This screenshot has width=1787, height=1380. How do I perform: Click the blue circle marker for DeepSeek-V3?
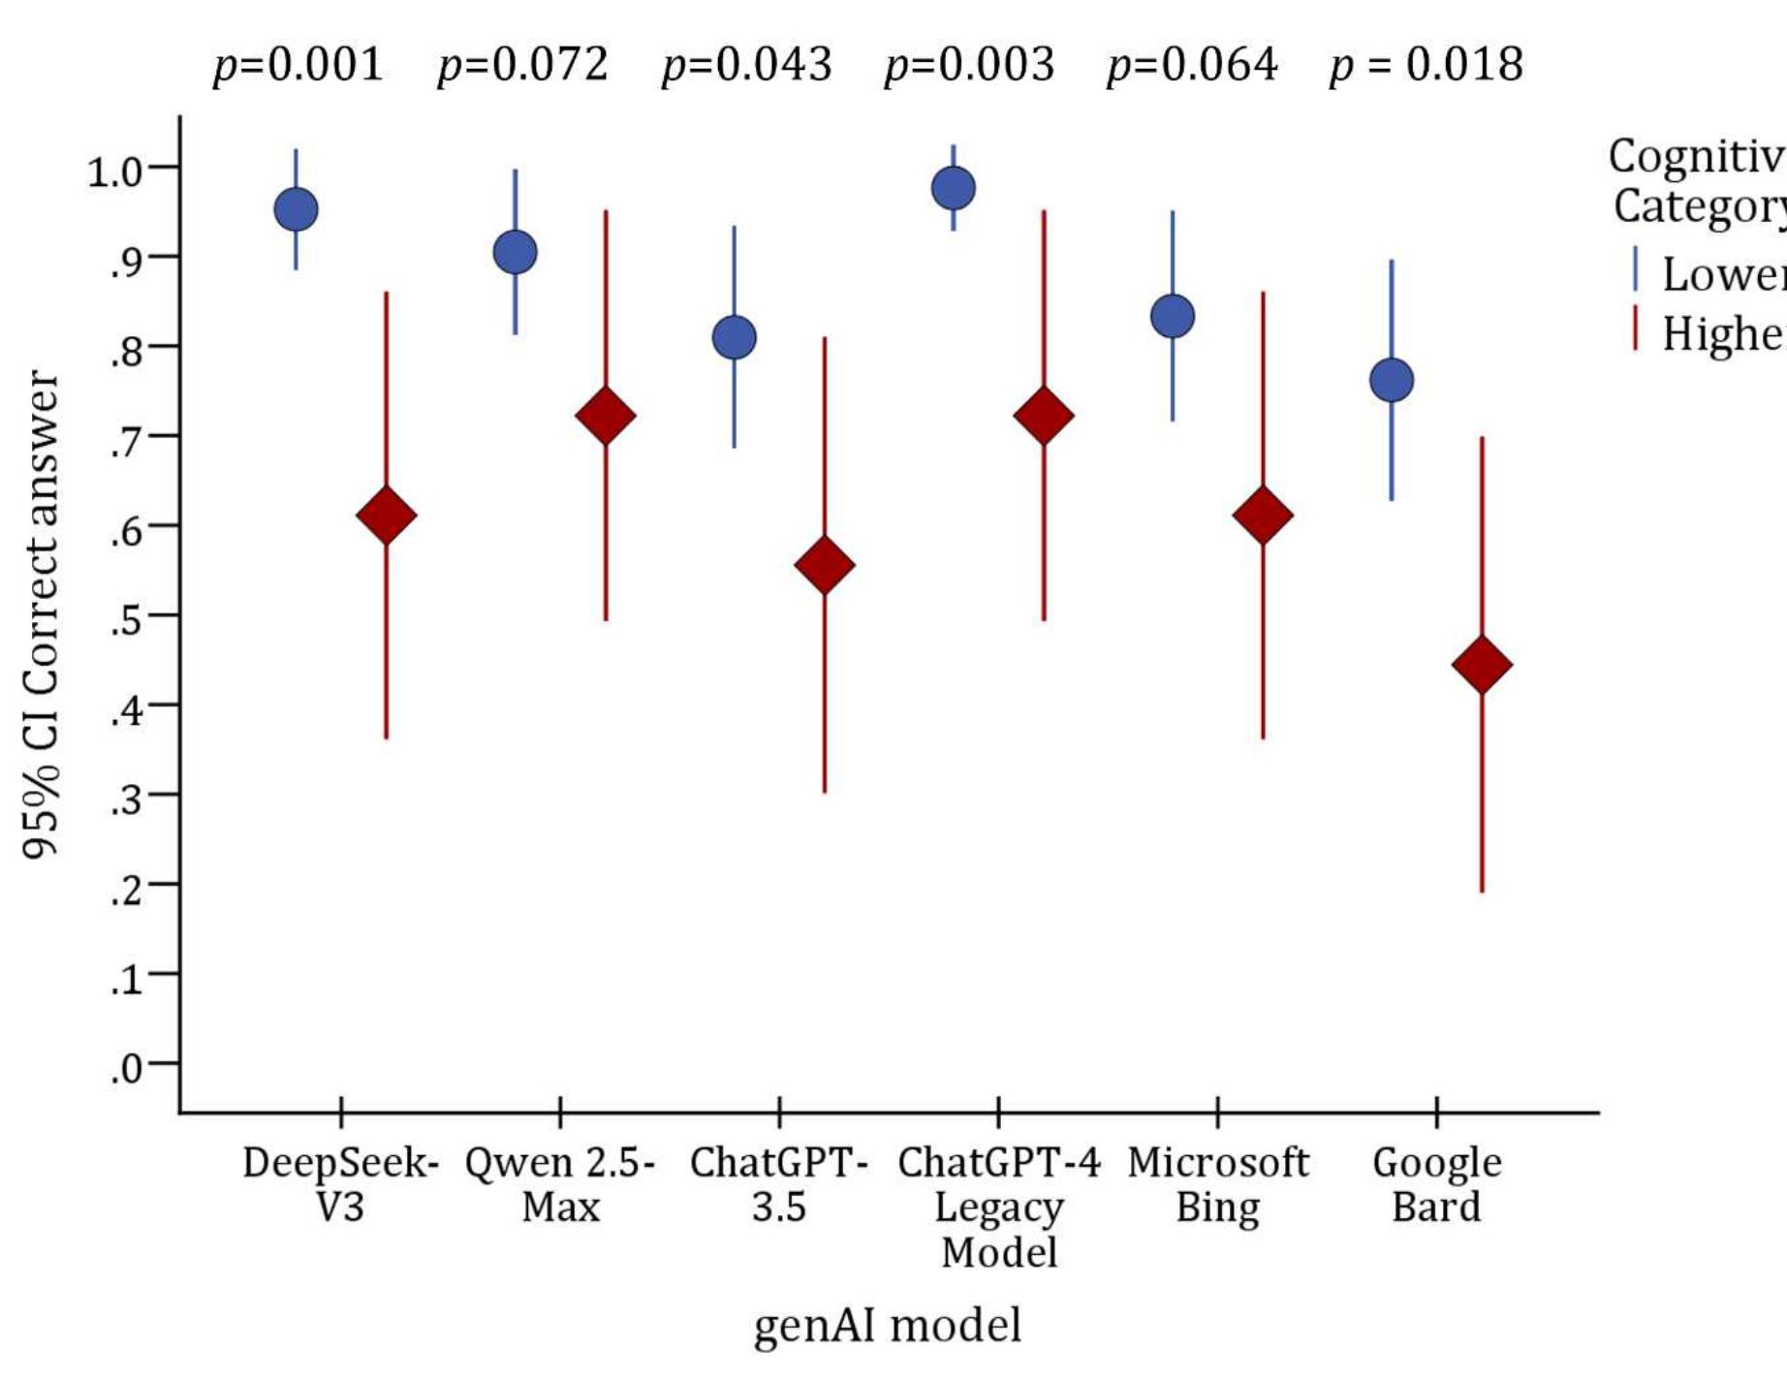pos(296,209)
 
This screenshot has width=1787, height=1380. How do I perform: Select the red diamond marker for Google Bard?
pos(1482,665)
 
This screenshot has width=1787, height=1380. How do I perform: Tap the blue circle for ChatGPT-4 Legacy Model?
pos(953,188)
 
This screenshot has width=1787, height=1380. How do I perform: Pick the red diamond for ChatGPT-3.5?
pos(824,565)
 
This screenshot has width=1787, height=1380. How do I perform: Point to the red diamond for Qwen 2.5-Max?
pos(606,416)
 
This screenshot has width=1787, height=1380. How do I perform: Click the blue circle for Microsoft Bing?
pos(1173,316)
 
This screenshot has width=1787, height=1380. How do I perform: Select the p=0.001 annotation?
pos(298,65)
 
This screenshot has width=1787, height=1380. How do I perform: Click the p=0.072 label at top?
pos(522,65)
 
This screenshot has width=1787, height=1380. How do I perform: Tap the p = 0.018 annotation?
pos(1426,65)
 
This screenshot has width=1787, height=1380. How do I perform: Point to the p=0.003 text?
pos(969,65)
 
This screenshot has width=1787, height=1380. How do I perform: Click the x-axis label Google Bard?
pos(1436,1184)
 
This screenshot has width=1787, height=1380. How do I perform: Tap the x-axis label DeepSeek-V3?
pos(340,1184)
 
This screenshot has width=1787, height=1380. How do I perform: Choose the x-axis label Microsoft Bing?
pos(1217,1184)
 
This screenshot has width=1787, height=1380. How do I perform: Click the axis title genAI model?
pos(887,1325)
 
